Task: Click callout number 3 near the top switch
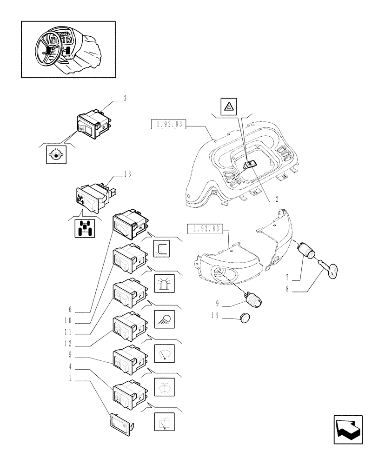125,99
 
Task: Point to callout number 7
288,278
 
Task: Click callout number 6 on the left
70,309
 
